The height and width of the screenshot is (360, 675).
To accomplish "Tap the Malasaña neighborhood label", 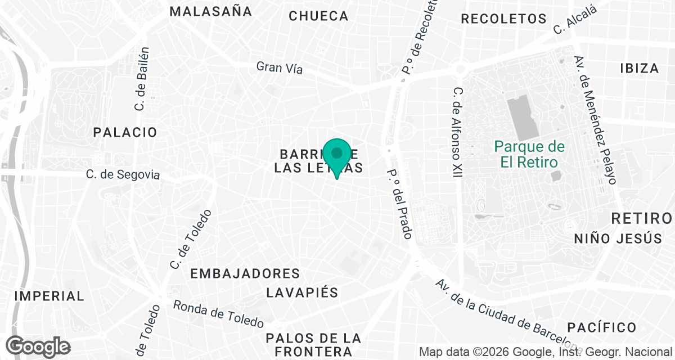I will click(x=210, y=11).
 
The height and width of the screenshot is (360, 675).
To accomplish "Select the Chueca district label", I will click(x=319, y=16).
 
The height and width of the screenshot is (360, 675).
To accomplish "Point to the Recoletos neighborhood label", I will click(x=503, y=19).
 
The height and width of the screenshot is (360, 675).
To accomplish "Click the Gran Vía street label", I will click(x=280, y=67).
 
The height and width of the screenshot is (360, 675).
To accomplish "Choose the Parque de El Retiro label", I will click(x=529, y=155).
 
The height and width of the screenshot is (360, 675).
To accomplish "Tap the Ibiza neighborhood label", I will click(x=639, y=69).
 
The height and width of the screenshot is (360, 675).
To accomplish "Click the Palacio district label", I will click(x=125, y=133).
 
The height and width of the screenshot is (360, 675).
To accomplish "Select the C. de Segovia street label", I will click(x=123, y=175).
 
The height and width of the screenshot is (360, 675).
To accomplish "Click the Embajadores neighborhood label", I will click(x=245, y=274).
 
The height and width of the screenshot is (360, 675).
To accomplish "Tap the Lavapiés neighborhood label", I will click(x=302, y=293).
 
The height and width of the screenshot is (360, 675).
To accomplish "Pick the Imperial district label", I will click(x=49, y=296).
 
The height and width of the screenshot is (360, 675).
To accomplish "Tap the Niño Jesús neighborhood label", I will click(x=618, y=238).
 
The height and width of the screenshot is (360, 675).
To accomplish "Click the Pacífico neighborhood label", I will click(x=601, y=327).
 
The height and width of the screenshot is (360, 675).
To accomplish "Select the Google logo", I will click(x=38, y=346).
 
